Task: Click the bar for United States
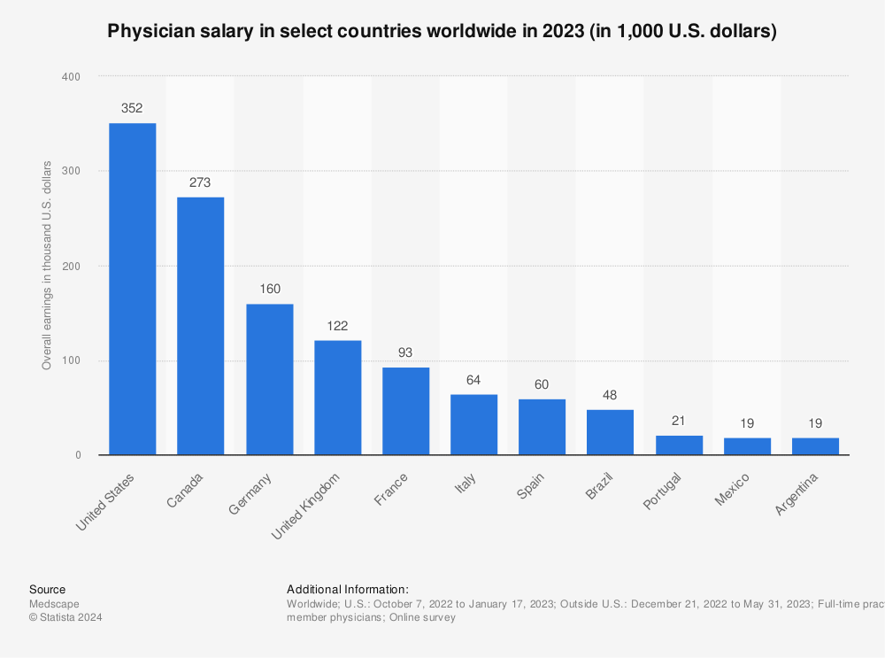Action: [132, 289]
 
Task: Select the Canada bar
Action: [200, 326]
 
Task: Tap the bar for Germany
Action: [269, 379]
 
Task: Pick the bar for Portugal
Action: [679, 445]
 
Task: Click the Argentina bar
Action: [815, 446]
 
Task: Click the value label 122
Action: [337, 327]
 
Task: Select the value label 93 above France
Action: [405, 353]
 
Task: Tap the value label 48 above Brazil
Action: [610, 395]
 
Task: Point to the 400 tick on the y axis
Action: [71, 77]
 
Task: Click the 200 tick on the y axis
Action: [71, 266]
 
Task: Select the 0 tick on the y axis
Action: [78, 455]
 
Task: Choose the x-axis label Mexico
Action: [734, 489]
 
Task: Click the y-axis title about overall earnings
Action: [47, 266]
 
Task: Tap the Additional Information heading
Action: [347, 589]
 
